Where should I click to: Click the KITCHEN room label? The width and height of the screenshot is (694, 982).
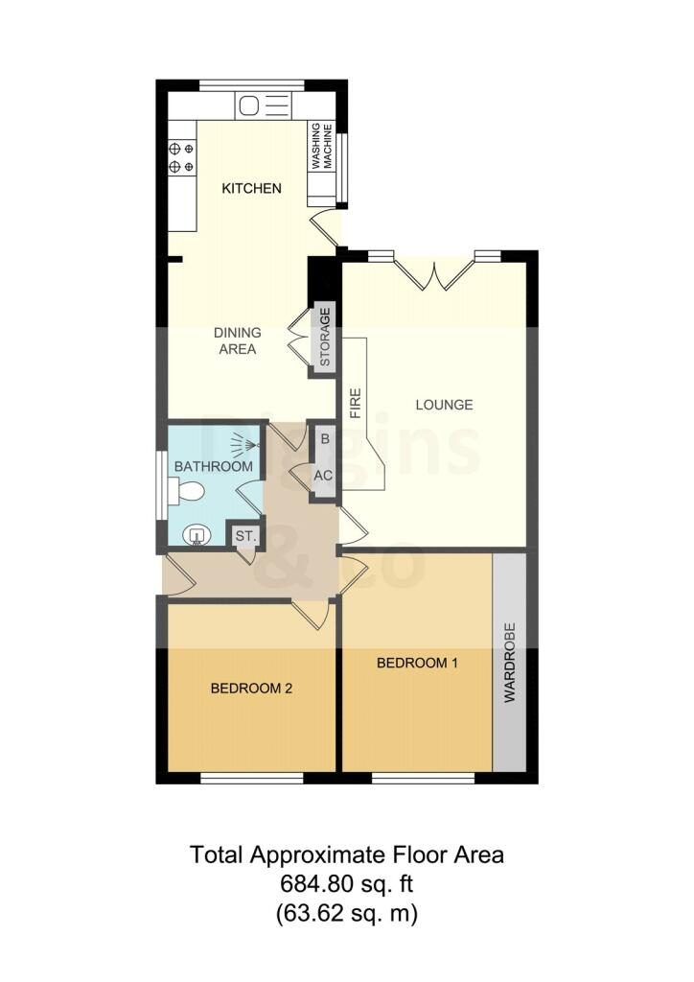coord(251,188)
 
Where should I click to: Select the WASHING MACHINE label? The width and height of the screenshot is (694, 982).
coord(322,146)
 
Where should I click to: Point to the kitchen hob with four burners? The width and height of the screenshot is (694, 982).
coord(181,158)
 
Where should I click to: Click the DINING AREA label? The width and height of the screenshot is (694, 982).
coord(237,340)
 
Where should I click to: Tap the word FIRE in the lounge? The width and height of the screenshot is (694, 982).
coord(356,404)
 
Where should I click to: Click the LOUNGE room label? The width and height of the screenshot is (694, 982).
coord(445,405)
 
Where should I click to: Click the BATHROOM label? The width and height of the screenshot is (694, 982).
coord(214,467)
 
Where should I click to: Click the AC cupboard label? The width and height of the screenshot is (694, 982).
coord(323,476)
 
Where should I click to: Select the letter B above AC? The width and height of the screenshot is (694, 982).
coord(325,439)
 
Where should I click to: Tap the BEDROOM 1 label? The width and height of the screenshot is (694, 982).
coord(417,663)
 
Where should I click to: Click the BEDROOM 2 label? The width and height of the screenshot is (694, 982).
coord(251,689)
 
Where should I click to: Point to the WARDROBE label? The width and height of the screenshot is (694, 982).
coord(509,662)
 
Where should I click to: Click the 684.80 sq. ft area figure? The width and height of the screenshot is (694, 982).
coord(347,884)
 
